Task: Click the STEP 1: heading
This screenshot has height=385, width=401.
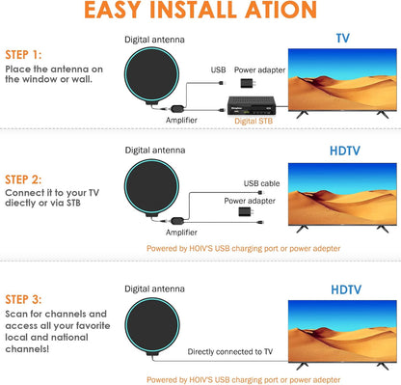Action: point(23,55)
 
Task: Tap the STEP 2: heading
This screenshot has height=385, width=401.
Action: point(23,179)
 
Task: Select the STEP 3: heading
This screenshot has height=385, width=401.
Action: point(23,299)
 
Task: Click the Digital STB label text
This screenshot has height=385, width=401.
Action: point(254,121)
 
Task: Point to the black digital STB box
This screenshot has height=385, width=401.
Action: point(252,105)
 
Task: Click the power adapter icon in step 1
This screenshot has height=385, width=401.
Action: point(248,83)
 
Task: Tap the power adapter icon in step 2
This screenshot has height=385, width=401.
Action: point(246,211)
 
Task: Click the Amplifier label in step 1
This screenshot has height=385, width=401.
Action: point(181,120)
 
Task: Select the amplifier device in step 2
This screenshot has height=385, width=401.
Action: point(177,221)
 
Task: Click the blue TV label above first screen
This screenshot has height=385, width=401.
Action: point(342,39)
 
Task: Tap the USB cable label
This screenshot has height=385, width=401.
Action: point(261,183)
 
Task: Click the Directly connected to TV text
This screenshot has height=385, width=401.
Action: point(230,352)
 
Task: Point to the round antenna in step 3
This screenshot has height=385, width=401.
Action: point(152,325)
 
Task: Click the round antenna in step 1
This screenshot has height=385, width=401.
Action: point(151,75)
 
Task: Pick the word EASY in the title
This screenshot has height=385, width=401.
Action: point(113,10)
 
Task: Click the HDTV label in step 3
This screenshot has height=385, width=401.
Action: point(346,289)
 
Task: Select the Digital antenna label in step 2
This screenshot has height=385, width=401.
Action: point(155,151)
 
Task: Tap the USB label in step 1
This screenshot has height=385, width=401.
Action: point(218,69)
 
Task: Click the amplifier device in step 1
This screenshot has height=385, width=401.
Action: point(177,109)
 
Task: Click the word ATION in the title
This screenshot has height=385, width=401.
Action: point(281,10)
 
